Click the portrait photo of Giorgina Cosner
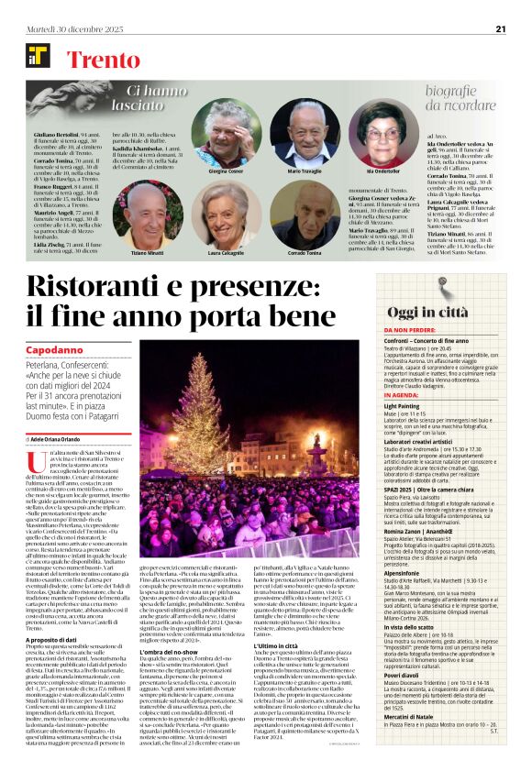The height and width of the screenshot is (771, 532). coord(227,133)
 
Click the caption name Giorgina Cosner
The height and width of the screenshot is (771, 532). coord(226,171)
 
